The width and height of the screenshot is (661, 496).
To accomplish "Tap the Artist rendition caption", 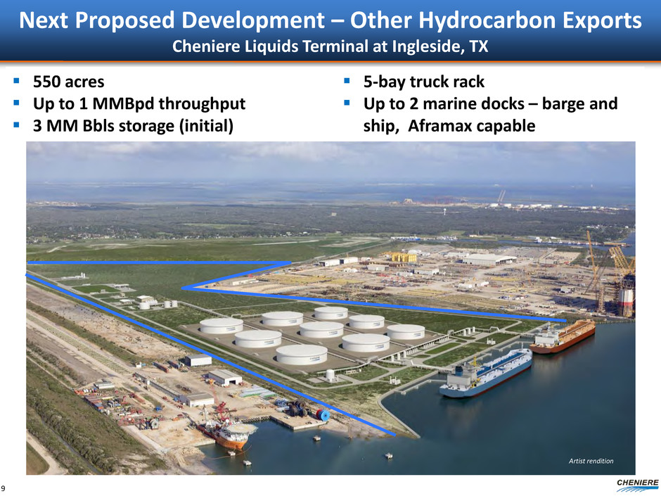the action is coord(591,461).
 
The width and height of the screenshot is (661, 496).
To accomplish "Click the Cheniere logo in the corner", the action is coord(637,485).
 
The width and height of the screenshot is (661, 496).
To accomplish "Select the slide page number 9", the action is coord(4,488).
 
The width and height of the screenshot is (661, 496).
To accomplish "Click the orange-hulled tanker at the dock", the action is coord(563,336).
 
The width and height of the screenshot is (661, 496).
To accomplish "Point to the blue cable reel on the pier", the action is coord(323,415).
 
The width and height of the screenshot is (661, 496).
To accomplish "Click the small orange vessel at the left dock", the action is coord(227,434).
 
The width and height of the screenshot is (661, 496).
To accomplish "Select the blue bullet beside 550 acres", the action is coord(16,81).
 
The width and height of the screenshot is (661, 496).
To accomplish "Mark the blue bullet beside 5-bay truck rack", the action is coord(347,81).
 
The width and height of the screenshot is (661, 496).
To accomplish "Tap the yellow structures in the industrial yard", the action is coord(404,257).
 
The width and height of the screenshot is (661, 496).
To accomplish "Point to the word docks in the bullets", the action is coord(501,103).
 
